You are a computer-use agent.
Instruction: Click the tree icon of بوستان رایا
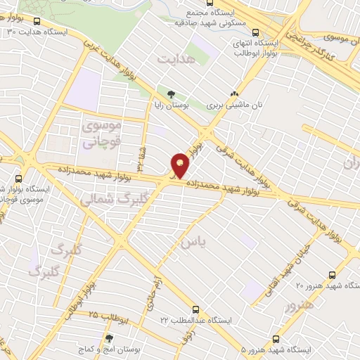pos(171,93)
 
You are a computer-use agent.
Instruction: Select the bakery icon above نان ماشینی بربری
pos(234,94)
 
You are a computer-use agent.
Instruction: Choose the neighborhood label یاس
pos(194,243)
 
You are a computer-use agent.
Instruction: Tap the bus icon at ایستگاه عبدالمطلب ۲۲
pos(196,309)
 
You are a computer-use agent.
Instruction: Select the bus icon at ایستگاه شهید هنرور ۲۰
pos(333,275)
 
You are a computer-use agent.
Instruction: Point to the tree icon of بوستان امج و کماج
pos(108,338)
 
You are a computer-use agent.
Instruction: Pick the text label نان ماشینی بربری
pos(234,105)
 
